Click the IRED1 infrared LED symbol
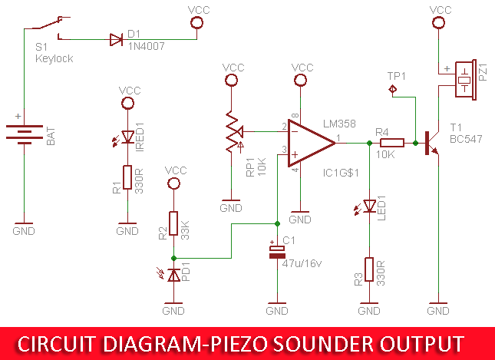[x=127, y=140]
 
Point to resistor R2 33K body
[x=174, y=223]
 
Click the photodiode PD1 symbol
[x=174, y=274]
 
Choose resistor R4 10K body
[x=391, y=142]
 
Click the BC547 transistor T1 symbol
[x=430, y=142]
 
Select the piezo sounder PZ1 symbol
[x=464, y=79]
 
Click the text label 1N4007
[x=147, y=46]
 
